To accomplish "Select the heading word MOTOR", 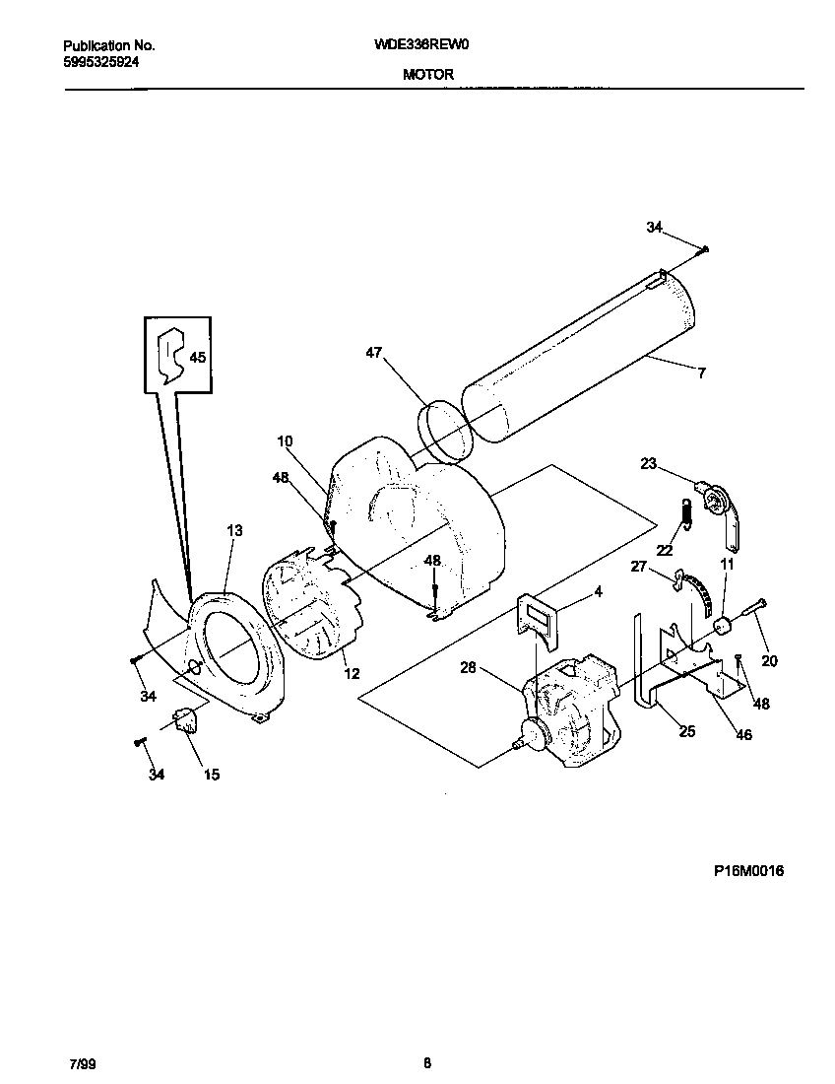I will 428,74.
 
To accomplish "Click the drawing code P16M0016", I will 748,871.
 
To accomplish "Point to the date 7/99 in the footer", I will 83,1063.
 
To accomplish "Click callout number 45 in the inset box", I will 198,358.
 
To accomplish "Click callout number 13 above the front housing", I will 234,530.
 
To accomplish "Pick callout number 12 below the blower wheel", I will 352,674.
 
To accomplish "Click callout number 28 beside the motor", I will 470,668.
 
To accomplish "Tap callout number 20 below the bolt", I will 769,661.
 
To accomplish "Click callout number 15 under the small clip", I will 212,775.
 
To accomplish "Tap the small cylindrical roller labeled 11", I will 723,625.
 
